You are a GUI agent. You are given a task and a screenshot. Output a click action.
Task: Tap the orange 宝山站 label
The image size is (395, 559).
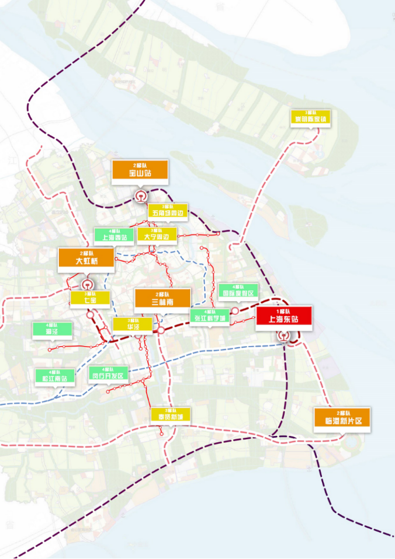140,170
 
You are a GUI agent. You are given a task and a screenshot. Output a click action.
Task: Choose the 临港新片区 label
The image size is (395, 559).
342,418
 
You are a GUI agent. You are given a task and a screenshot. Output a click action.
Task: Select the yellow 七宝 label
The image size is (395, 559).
91,298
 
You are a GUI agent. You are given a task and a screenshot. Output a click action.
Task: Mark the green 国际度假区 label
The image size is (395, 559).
238,291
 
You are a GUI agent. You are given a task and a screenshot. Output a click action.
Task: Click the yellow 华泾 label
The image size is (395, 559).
132,325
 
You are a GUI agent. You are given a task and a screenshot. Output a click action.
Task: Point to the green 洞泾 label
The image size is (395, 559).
53,330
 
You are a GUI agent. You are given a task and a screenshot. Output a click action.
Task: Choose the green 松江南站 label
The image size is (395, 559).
56,376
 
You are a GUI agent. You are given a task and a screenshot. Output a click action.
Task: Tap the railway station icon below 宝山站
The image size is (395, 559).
140,196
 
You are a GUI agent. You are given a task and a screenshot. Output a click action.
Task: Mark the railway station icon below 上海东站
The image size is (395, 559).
283,336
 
